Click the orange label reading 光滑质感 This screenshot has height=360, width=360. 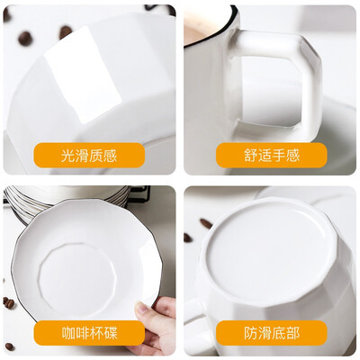pos(89,155)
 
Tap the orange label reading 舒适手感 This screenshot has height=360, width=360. pos(272,155)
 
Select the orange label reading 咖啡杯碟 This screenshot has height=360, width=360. pos(89,333)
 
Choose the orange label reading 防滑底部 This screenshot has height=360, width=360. pos(272,333)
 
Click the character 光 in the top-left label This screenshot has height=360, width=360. pos(67,156)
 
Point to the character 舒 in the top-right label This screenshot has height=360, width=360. pos(250,156)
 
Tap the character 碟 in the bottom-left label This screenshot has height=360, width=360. pos(111,333)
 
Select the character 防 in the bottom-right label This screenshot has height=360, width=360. pos(250,333)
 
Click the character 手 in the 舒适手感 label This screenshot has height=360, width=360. pos(279,156)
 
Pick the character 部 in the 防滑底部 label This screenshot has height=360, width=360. pos(292,333)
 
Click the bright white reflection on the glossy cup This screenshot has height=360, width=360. pos(84,75)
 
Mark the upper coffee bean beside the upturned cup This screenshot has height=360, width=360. pos(206,224)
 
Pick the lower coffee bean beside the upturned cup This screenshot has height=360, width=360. pos(188,238)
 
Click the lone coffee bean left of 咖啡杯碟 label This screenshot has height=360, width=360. pos(9,346)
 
